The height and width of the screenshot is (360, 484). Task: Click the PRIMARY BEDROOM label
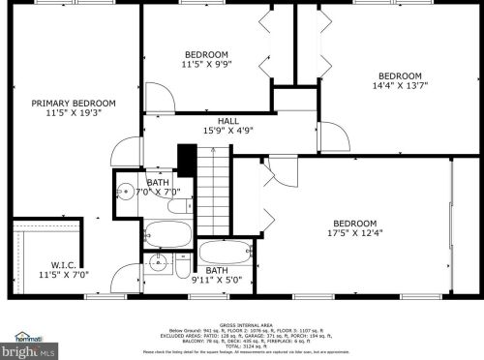click(x=73, y=104)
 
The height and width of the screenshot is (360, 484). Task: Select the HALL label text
click(x=228, y=121)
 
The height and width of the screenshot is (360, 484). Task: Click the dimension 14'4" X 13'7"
click(x=399, y=87)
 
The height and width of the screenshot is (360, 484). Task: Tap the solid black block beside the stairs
click(x=187, y=160)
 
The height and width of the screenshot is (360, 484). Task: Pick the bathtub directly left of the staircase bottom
click(x=168, y=232)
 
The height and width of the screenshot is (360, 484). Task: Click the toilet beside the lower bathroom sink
click(x=180, y=263)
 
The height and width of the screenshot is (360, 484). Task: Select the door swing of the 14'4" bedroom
click(x=330, y=135)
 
